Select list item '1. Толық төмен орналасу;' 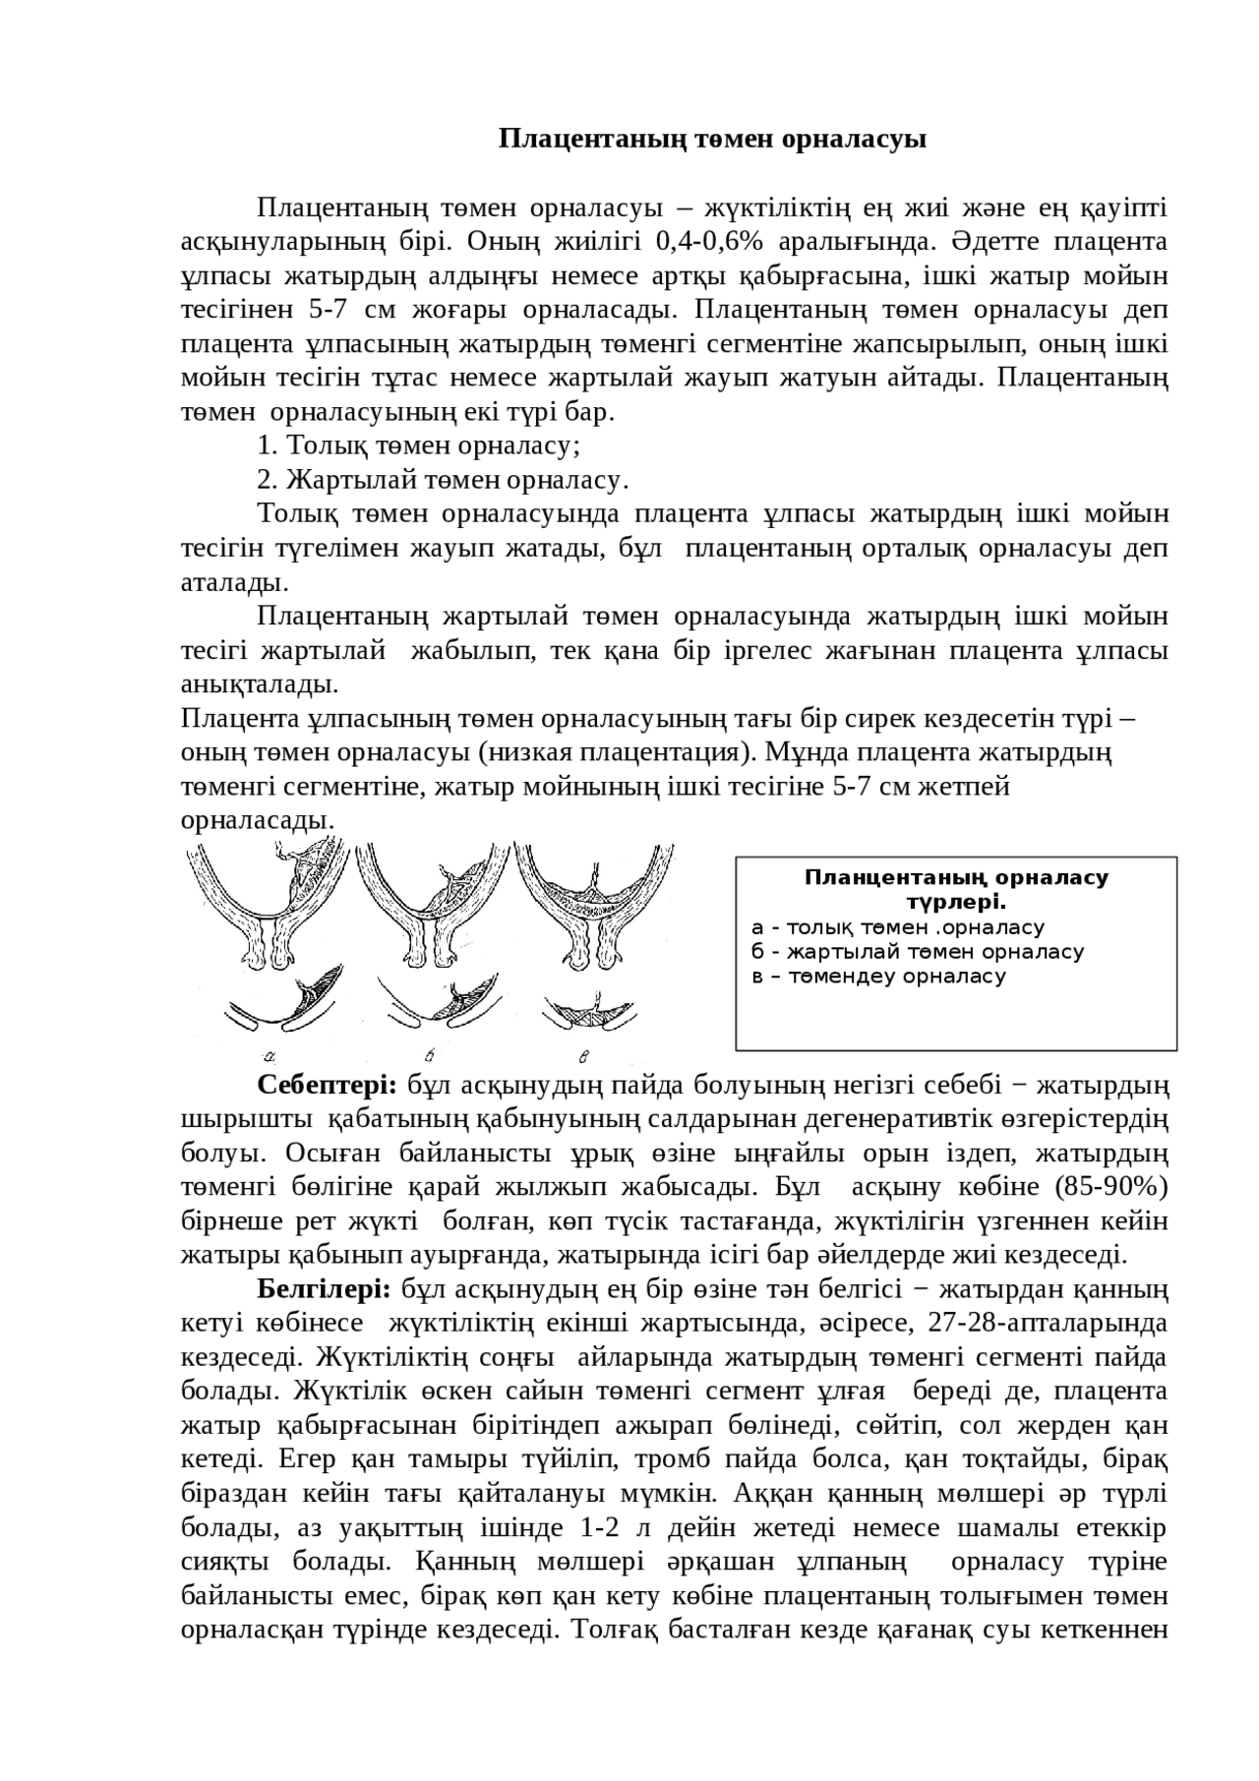tap(418, 446)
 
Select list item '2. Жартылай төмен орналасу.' tap(442, 481)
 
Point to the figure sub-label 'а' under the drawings tap(270, 1057)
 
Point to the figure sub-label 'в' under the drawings tap(584, 1057)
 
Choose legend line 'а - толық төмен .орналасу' tap(897, 927)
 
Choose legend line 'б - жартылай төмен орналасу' tap(917, 952)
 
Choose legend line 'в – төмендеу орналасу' tap(877, 977)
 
